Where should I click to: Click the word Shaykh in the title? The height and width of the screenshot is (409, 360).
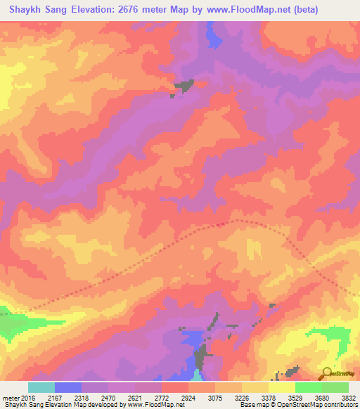click(26, 10)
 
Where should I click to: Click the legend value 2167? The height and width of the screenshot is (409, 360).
click(56, 398)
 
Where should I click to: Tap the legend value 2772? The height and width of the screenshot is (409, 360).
click(162, 398)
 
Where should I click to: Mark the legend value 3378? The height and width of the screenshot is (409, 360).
click(268, 398)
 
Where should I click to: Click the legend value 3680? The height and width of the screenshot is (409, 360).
click(321, 398)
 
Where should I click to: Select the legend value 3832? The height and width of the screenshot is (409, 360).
click(347, 398)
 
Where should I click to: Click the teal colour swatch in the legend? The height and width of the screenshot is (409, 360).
click(41, 387)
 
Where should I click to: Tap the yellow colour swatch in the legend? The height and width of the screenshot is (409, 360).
click(281, 387)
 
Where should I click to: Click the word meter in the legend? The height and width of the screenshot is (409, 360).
click(11, 398)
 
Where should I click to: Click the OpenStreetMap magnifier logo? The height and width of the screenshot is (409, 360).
click(328, 372)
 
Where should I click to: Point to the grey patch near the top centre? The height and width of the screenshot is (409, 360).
click(184, 86)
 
